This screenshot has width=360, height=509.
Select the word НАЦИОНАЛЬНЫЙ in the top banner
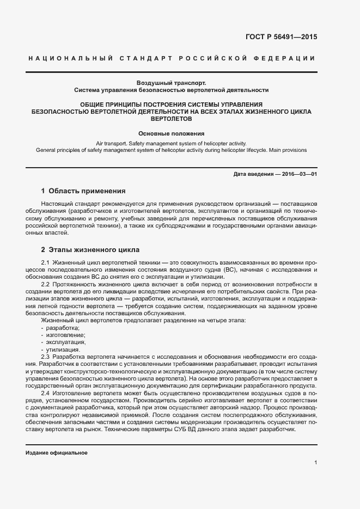coord(70,58)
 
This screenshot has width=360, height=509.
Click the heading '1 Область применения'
coord(83,191)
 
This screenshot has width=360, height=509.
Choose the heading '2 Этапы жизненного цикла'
coord(90,250)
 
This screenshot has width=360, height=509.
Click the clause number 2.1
coord(45,263)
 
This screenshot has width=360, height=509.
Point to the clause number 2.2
coord(45,285)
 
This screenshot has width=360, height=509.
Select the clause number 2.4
coord(45,393)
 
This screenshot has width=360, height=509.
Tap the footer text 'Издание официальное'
coord(57,453)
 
